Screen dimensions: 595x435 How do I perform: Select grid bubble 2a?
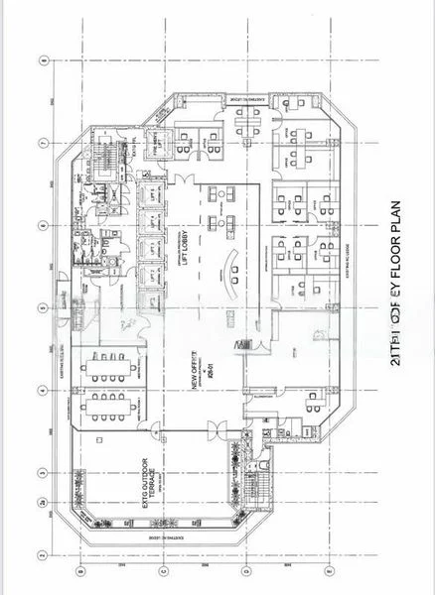(x=44, y=506)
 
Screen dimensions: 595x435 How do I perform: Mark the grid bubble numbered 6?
(x=44, y=222)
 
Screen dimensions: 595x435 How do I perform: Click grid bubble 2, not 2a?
(x=44, y=555)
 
